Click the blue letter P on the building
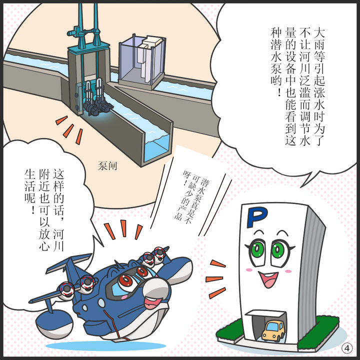tap(258, 216)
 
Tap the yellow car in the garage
tap(273, 330)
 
